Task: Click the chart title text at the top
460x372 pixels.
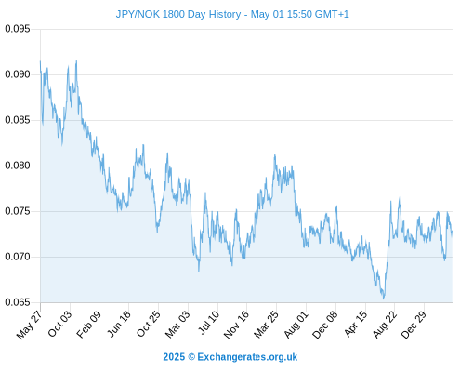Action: coord(232,14)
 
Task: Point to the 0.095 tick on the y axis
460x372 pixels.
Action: coord(18,29)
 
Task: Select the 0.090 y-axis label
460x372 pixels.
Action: coord(18,74)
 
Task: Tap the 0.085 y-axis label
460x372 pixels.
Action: coord(18,120)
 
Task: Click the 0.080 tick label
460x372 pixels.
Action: coord(18,166)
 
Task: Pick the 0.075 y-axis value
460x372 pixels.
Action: coord(18,211)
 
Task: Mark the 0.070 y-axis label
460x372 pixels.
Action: coord(18,257)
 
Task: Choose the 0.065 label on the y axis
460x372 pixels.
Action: coord(18,302)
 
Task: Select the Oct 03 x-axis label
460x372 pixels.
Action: coord(59,324)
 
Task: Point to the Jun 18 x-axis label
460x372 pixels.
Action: coord(119,324)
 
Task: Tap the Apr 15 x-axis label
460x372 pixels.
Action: coord(356,324)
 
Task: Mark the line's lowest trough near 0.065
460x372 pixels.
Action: coord(384,299)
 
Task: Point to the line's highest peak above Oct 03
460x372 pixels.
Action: coord(76,60)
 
